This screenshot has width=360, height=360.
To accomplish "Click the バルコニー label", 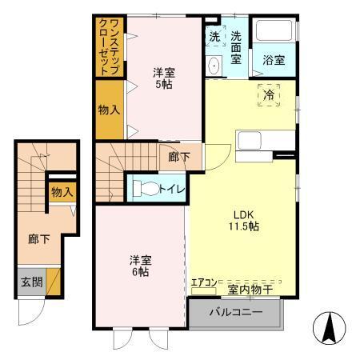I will pos(236,312).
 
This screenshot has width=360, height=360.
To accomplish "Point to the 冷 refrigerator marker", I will pos(269,95).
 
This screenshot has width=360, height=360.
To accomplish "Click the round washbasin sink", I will pos(214,65).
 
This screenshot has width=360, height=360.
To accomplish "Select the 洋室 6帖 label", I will pos(142,266).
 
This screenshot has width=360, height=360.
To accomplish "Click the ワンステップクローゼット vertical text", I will pos(108,46).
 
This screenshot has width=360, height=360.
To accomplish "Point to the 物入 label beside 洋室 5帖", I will pos(109,110).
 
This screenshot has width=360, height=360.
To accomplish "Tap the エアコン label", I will pos(203,282).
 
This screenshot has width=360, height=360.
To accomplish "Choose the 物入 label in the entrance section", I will pos(62,192).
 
